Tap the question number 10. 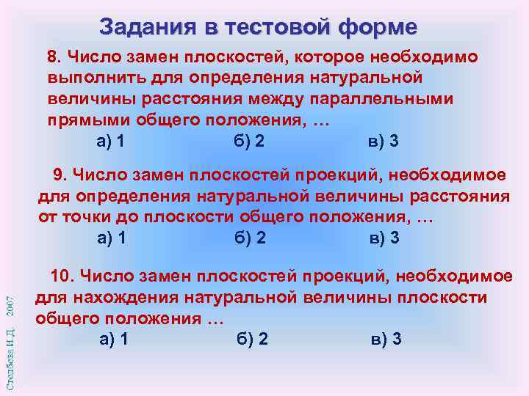[x=62, y=276]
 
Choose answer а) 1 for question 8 [x=111, y=142]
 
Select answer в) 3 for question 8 [x=383, y=142]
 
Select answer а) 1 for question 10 [x=114, y=339]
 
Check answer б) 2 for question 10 [x=253, y=339]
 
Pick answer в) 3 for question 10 [x=386, y=339]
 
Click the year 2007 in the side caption [x=10, y=308]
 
